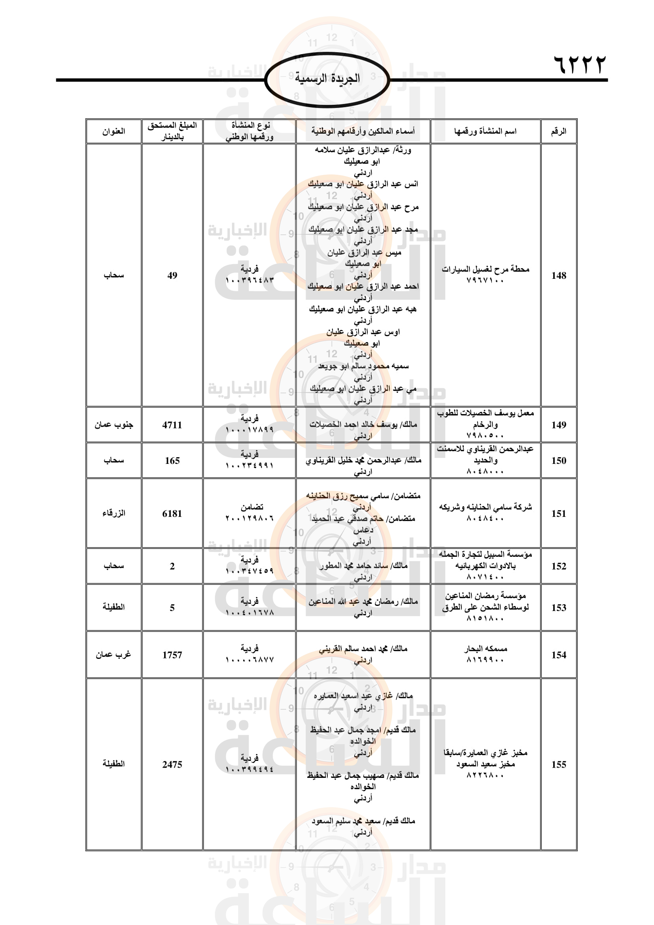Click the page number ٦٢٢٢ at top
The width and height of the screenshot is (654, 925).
[x=580, y=64]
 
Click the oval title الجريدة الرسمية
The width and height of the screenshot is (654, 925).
[x=327, y=79]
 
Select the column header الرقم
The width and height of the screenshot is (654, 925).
[x=558, y=131]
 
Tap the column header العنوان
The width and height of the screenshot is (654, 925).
[x=113, y=131]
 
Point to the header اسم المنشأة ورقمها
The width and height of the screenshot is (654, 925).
[x=485, y=131]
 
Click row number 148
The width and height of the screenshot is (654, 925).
[x=559, y=276]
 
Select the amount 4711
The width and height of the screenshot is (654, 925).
[x=172, y=425]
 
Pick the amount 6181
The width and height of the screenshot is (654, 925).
[x=172, y=514]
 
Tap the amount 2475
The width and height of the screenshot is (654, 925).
[x=172, y=764]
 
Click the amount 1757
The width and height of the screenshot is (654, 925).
[x=172, y=655]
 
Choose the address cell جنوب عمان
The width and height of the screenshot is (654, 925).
[x=113, y=425]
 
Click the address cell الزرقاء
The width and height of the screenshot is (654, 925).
[x=113, y=514]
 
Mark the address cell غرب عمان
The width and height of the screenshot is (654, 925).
[x=113, y=655]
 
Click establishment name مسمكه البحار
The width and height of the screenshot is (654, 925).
[x=485, y=649]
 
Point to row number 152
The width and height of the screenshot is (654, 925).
[x=559, y=566]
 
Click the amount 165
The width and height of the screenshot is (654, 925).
[x=172, y=460]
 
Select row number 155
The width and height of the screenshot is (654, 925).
[x=559, y=764]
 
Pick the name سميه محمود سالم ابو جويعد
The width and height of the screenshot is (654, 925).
[x=363, y=366]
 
